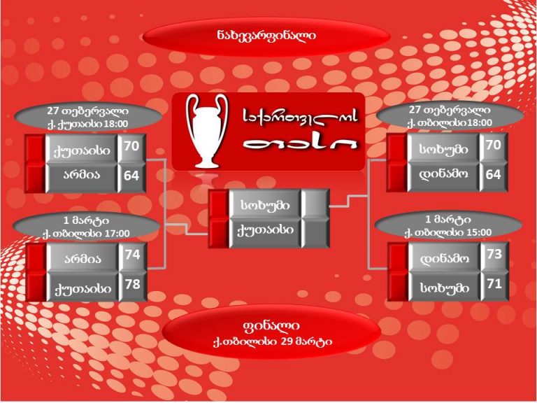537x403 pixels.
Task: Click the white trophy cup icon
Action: click(x=206, y=131)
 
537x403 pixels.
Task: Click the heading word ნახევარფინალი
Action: click(x=266, y=36)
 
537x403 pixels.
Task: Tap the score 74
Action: click(x=132, y=255)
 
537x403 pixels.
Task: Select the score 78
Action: click(x=132, y=285)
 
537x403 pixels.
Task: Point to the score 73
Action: click(x=494, y=254)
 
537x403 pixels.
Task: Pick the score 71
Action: click(x=494, y=284)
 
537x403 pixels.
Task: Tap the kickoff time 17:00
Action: click(x=116, y=234)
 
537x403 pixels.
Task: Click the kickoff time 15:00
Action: click(x=478, y=232)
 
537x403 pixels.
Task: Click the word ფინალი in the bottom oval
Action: click(x=271, y=326)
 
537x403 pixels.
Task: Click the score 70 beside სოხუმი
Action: click(x=493, y=146)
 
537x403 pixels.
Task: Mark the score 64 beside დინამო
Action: click(x=493, y=175)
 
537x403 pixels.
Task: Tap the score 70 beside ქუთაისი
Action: click(x=131, y=146)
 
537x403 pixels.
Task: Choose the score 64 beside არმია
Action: click(x=131, y=176)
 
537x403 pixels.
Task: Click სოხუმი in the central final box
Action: click(x=266, y=205)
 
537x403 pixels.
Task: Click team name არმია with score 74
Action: click(x=83, y=259)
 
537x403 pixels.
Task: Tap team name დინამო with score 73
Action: click(x=445, y=259)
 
